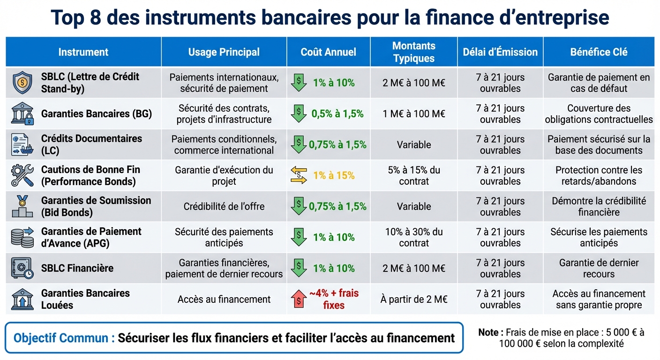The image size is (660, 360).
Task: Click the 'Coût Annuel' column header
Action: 328,52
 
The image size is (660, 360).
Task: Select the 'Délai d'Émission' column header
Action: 500,52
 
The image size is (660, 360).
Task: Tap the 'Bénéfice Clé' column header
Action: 599,52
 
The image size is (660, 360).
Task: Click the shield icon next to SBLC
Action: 22,83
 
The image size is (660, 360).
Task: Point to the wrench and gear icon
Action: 22,176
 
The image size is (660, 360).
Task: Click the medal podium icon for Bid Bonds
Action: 22,207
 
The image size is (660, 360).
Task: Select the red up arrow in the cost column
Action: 298,299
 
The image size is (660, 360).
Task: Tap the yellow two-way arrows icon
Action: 298,175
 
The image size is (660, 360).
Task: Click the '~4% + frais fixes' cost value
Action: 333,299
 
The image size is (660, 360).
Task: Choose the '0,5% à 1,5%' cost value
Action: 337,114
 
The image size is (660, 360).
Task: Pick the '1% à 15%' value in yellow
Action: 334,176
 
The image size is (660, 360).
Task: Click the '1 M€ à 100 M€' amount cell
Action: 413,114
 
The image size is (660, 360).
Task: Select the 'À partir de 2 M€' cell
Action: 413,299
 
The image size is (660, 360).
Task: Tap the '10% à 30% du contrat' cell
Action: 413,237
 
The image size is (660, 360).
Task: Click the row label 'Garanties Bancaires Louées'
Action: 85,299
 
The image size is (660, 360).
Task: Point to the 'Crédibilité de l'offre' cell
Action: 224,207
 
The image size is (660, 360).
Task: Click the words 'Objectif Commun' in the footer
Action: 64,338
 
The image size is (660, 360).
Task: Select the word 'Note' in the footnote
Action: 488,332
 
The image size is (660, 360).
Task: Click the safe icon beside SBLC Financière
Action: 22,268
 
